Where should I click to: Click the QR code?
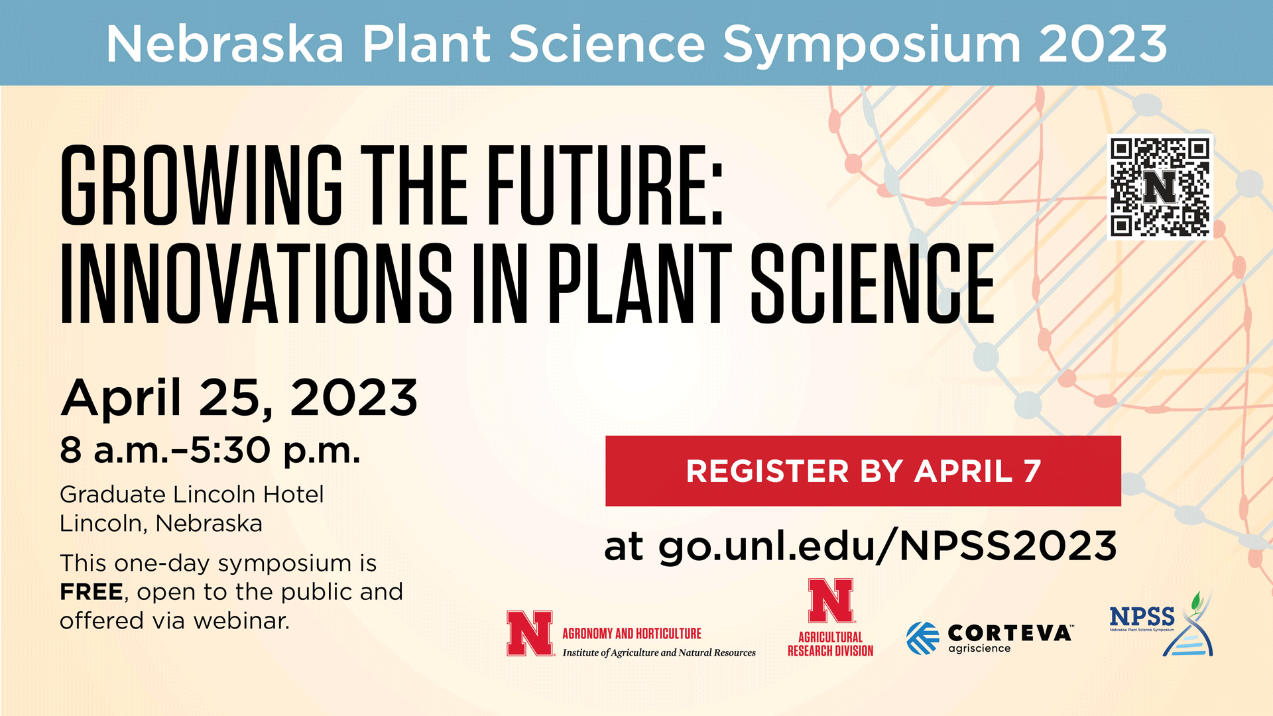pos(1160,187)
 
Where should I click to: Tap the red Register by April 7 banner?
pos(863,471)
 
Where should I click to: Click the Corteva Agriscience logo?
pos(989,638)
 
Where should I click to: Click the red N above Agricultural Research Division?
pos(831,601)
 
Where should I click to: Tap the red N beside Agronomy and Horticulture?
pos(530,633)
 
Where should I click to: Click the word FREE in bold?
pos(91,591)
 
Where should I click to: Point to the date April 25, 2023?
pos(239,398)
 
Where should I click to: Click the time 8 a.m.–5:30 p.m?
pos(210,451)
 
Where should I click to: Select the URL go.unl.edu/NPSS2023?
pos(887,546)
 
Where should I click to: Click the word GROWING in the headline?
pos(201,185)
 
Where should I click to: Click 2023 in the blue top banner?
pos(1103,44)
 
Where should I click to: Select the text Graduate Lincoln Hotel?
pos(192,495)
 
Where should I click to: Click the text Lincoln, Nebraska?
pos(161,524)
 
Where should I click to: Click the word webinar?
pos(241,621)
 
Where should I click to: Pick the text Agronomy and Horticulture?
pos(632,633)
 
